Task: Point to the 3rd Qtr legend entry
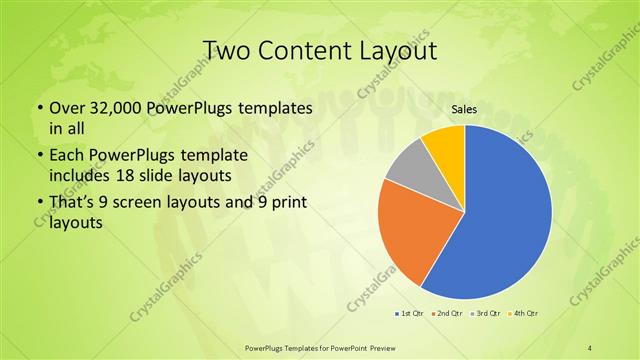click(x=486, y=314)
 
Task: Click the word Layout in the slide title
click(x=399, y=51)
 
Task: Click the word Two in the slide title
click(x=226, y=51)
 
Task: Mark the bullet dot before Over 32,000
click(x=38, y=108)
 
